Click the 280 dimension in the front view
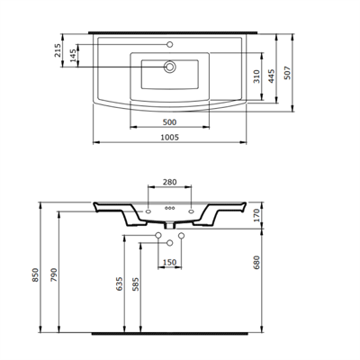(x=170, y=184)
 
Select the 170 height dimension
(x=256, y=215)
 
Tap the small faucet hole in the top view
(x=168, y=43)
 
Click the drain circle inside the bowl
(x=168, y=66)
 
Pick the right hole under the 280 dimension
(x=192, y=212)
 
